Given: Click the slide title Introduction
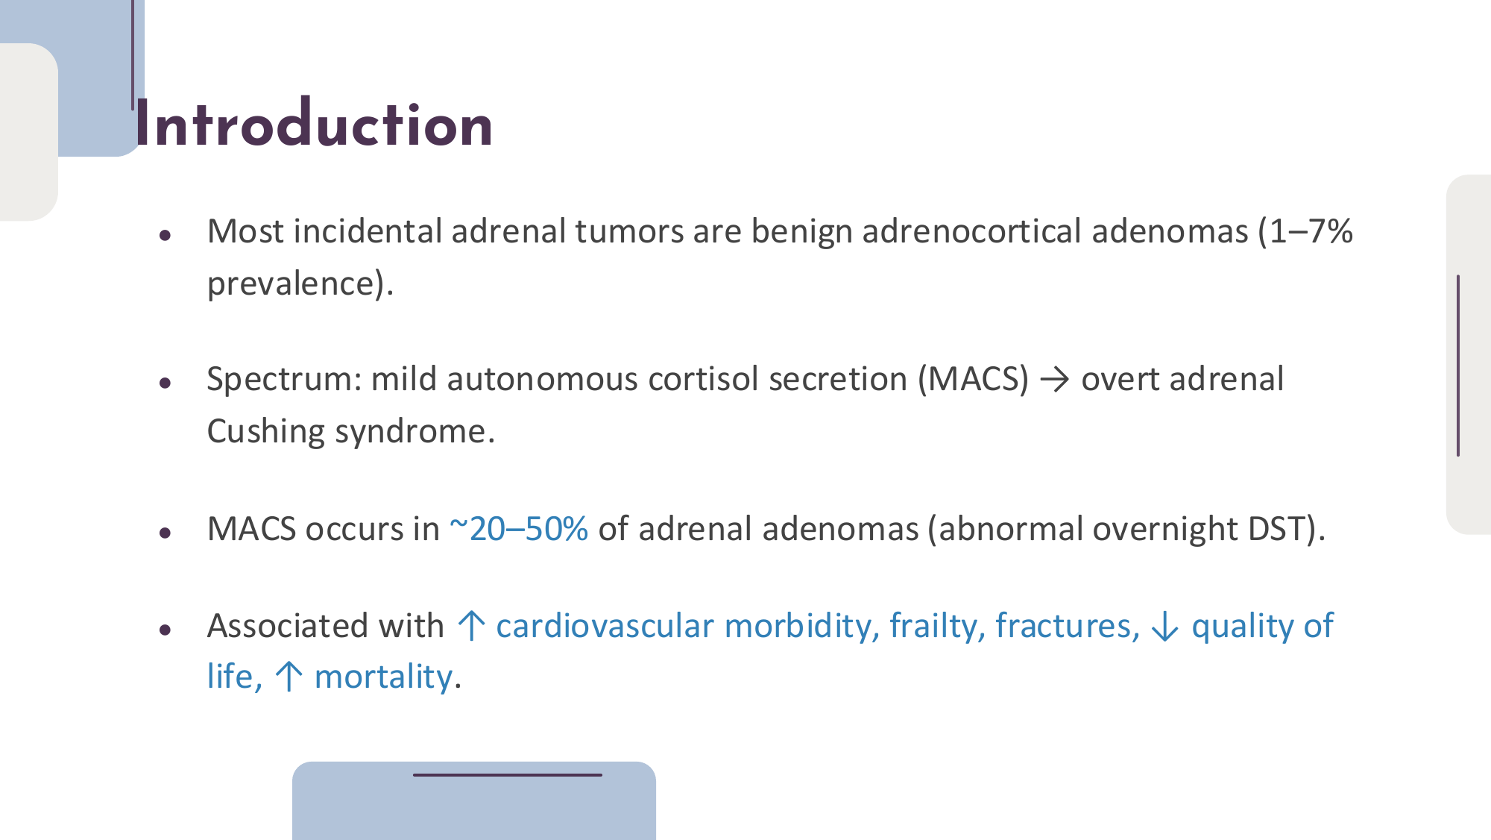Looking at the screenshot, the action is tap(314, 124).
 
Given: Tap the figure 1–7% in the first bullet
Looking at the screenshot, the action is tap(1311, 231).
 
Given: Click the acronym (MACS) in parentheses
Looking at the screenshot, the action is tap(973, 379).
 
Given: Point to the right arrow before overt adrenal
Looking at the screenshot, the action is tap(1055, 380).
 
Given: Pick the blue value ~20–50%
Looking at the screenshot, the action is tap(519, 529).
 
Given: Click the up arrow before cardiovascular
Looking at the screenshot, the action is tap(471, 625).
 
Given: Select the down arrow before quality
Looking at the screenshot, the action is tap(1165, 627).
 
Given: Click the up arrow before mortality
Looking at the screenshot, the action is tap(289, 677).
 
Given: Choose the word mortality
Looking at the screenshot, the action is tap(383, 677).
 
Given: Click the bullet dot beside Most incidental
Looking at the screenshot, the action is tap(166, 236).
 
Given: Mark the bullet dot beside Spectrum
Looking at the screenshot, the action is tap(166, 383).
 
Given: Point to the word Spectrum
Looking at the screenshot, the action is tap(284, 380).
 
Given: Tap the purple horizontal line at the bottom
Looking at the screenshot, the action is tap(508, 775).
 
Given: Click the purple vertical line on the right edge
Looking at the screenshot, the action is tap(1458, 366).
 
